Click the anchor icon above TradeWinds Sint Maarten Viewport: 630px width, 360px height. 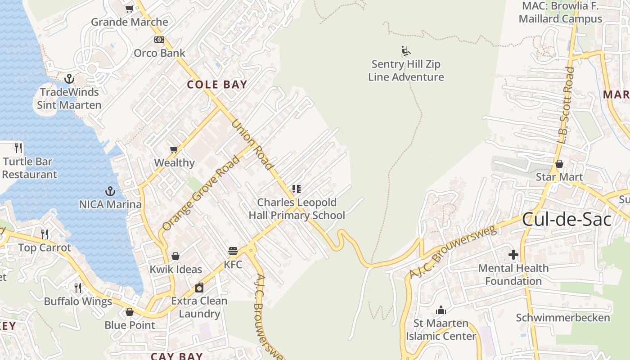(x=69, y=79)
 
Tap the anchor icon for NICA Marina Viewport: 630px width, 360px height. (x=110, y=192)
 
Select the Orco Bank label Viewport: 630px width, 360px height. (x=159, y=53)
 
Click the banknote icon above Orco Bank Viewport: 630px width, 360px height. (x=159, y=40)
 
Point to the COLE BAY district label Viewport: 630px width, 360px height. (x=217, y=85)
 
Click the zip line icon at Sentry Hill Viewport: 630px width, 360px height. (x=405, y=51)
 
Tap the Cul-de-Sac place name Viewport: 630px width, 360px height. (x=567, y=219)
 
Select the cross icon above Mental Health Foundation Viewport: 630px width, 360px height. (x=513, y=255)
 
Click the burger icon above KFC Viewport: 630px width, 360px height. (x=233, y=251)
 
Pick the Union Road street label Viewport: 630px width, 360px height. (x=252, y=144)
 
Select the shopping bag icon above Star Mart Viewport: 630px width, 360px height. (x=559, y=164)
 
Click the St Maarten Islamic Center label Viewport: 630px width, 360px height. (x=441, y=330)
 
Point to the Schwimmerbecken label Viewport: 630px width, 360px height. (x=562, y=318)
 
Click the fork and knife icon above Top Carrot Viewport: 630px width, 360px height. (x=45, y=234)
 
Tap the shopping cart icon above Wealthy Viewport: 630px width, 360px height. (x=174, y=149)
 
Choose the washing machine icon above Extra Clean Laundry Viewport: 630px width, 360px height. (x=199, y=287)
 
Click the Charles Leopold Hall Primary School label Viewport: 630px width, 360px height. (x=297, y=209)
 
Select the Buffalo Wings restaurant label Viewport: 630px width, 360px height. (x=77, y=301)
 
